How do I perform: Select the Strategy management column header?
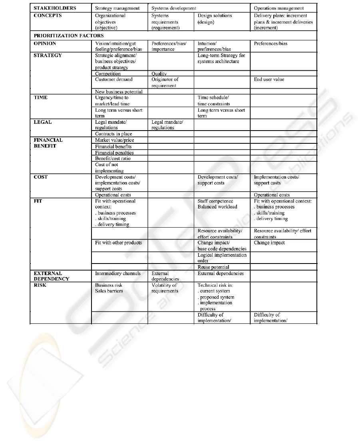117,8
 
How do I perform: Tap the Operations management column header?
279,8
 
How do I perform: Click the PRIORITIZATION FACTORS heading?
63,36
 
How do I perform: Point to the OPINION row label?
45,44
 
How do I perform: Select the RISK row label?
40,285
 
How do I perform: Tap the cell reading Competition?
108,73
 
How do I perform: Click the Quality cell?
159,73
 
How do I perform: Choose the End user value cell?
269,79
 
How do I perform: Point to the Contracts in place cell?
113,134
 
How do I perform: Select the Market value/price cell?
114,140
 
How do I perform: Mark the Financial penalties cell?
114,153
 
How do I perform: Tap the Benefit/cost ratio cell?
113,159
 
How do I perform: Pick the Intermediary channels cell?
118,274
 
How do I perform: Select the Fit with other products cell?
118,243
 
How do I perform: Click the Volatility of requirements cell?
165,288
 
